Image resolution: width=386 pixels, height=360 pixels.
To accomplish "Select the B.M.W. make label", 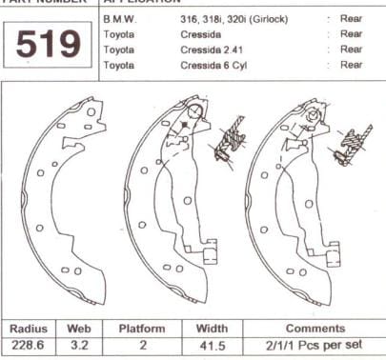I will pos(119,19).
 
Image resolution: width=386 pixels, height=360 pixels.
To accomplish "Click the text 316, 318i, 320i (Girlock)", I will pos(234,19).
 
